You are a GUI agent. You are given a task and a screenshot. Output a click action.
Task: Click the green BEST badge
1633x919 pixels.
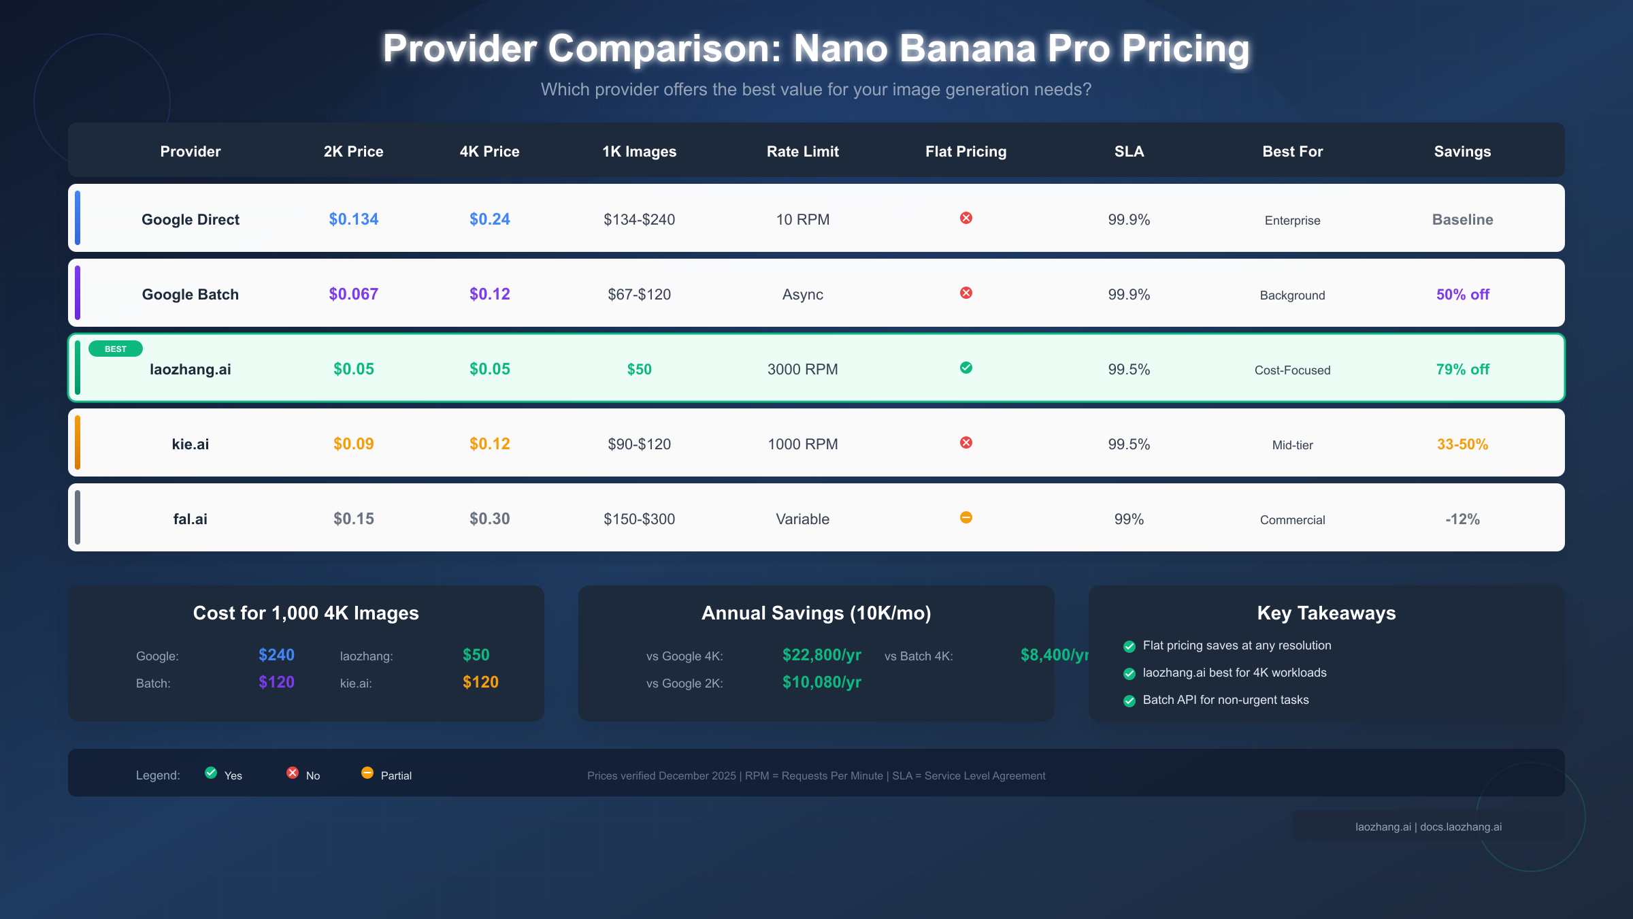click(x=116, y=349)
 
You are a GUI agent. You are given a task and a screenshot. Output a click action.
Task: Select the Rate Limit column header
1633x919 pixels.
click(x=802, y=151)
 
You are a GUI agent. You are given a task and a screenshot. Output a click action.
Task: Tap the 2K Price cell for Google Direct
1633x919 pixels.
click(x=353, y=219)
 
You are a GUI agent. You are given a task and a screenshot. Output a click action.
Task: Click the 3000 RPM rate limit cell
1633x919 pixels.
click(x=802, y=369)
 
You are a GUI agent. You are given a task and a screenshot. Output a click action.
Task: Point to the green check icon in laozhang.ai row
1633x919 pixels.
click(x=966, y=368)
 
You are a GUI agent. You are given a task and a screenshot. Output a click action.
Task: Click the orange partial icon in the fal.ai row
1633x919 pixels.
click(x=966, y=517)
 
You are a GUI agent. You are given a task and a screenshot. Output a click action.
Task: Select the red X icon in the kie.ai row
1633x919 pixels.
click(x=966, y=442)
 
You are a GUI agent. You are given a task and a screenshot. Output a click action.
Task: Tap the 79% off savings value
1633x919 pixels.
click(x=1462, y=369)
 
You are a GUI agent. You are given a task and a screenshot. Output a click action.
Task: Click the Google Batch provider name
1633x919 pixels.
click(x=190, y=294)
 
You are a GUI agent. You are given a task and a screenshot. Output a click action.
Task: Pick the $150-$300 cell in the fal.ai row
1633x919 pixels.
click(x=639, y=519)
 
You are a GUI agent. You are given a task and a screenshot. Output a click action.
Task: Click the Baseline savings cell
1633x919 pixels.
click(x=1462, y=219)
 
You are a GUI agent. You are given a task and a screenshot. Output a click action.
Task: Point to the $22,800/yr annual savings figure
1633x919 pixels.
click(x=821, y=655)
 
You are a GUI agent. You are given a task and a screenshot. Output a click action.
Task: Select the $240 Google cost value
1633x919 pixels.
click(x=276, y=655)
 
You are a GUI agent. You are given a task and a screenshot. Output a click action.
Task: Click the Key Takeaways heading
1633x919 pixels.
click(x=1326, y=613)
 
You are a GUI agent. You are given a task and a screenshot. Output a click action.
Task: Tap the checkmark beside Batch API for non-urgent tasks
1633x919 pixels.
click(x=1129, y=701)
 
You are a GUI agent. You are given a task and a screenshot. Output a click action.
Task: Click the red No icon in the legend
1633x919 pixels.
click(x=293, y=773)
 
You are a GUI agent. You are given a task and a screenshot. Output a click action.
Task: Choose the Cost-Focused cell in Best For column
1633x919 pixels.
click(x=1292, y=370)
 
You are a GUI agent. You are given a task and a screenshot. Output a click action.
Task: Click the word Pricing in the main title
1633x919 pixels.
click(x=1185, y=49)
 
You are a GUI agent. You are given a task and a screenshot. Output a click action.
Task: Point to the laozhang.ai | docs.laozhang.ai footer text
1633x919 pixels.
click(x=1428, y=826)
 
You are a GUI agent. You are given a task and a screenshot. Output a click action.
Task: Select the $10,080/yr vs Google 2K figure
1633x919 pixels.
click(x=821, y=682)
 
